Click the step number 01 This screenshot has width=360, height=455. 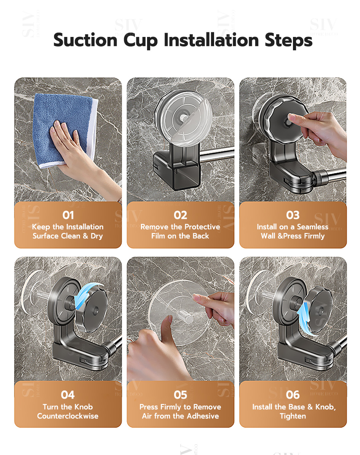point(68,215)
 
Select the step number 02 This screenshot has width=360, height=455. point(180,215)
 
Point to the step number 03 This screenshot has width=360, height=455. point(293,215)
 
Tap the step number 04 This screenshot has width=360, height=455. point(68,395)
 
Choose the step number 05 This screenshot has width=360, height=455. point(180,395)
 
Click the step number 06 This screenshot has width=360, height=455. point(293,395)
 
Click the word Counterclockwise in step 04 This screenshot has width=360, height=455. point(68,416)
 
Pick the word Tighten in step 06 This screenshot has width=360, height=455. point(293,416)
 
